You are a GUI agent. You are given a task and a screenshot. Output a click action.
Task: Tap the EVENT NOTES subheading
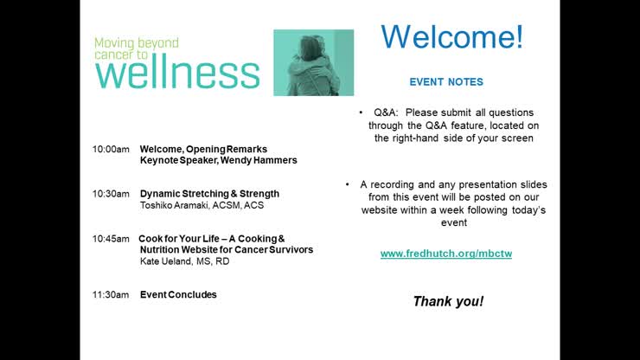[446, 82]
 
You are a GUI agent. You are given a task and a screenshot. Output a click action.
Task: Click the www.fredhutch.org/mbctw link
[446, 254]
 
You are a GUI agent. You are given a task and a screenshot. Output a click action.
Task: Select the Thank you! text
[448, 301]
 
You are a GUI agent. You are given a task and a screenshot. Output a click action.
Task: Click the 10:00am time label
[111, 149]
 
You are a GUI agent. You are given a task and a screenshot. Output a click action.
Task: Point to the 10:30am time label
[111, 194]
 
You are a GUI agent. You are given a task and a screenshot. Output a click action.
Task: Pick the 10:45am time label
[111, 238]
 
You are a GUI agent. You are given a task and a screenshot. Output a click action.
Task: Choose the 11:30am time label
[111, 294]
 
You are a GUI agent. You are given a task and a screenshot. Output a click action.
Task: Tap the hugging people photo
[313, 62]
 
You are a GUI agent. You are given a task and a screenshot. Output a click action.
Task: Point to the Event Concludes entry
[178, 294]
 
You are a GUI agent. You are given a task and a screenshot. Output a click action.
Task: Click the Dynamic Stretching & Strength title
[209, 194]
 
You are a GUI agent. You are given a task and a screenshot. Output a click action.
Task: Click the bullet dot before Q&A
[361, 113]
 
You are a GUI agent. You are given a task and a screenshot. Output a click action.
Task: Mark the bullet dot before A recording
[348, 184]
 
